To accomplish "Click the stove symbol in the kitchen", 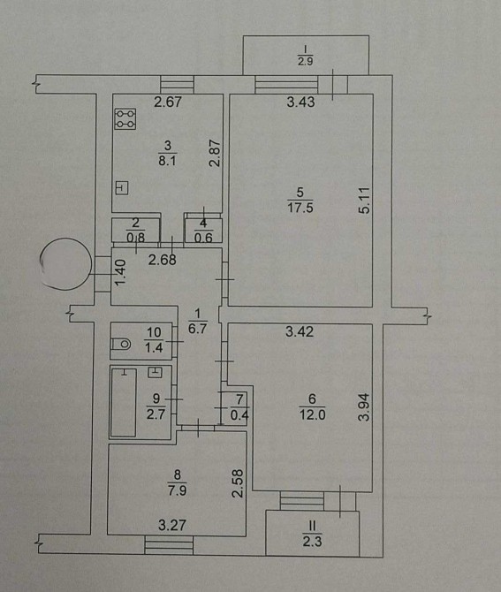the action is [x=125, y=119].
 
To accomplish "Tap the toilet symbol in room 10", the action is [x=121, y=344].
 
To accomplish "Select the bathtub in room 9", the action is [x=124, y=402].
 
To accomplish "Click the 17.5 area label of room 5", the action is [x=300, y=208].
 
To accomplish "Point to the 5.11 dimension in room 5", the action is [x=366, y=201].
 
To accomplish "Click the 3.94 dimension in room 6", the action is [x=365, y=407].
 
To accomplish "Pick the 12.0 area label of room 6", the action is [x=312, y=415].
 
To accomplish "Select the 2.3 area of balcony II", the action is [x=312, y=542].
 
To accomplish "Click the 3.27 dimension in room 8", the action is [x=172, y=525].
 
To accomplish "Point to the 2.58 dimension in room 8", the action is [x=239, y=483].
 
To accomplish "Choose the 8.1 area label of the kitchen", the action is [x=167, y=161].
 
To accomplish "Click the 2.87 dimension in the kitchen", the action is [x=215, y=153].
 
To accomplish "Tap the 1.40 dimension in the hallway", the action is [x=120, y=273].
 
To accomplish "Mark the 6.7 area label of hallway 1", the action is [x=197, y=328].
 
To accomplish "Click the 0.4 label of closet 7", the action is [x=239, y=415].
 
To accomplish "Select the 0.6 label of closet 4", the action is [x=203, y=238].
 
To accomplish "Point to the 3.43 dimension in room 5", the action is [x=300, y=102].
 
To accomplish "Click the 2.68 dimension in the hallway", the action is [x=163, y=260].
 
